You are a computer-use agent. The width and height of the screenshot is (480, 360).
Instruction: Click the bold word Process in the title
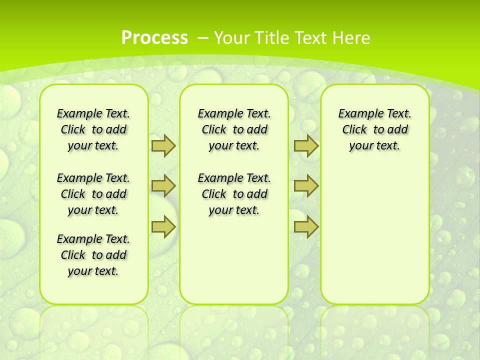coord(154,38)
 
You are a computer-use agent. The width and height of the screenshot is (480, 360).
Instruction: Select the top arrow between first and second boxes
coord(163,145)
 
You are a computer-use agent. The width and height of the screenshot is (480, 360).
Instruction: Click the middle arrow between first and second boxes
coord(163,186)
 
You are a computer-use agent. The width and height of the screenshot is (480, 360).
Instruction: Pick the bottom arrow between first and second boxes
coord(163,226)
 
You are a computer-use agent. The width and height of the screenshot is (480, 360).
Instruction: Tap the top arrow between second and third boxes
coord(306,145)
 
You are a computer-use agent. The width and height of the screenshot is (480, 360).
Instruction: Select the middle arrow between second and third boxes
coord(306,186)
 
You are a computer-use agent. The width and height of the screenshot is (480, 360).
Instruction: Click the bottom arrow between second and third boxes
coord(306,226)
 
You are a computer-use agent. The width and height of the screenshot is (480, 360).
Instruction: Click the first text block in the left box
coord(93,129)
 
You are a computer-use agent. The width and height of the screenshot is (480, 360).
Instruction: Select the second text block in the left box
coord(93,194)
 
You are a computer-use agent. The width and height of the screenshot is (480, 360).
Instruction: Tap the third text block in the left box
coord(93,255)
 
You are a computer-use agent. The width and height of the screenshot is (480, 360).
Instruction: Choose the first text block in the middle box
coord(234,129)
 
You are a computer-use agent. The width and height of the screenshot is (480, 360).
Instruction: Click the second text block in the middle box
coord(234,194)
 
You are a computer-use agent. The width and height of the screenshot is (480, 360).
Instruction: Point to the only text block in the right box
coord(374,129)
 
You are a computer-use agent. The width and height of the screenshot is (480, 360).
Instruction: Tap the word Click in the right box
coord(354,130)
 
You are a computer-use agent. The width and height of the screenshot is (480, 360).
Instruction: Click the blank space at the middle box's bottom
coord(234,265)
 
